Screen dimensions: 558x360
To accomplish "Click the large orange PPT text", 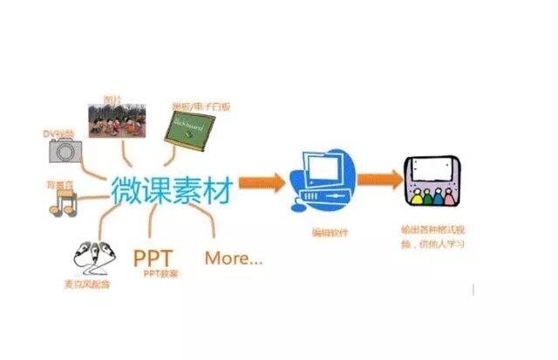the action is click(x=153, y=258).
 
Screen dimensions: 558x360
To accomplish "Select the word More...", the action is click(x=233, y=258).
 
